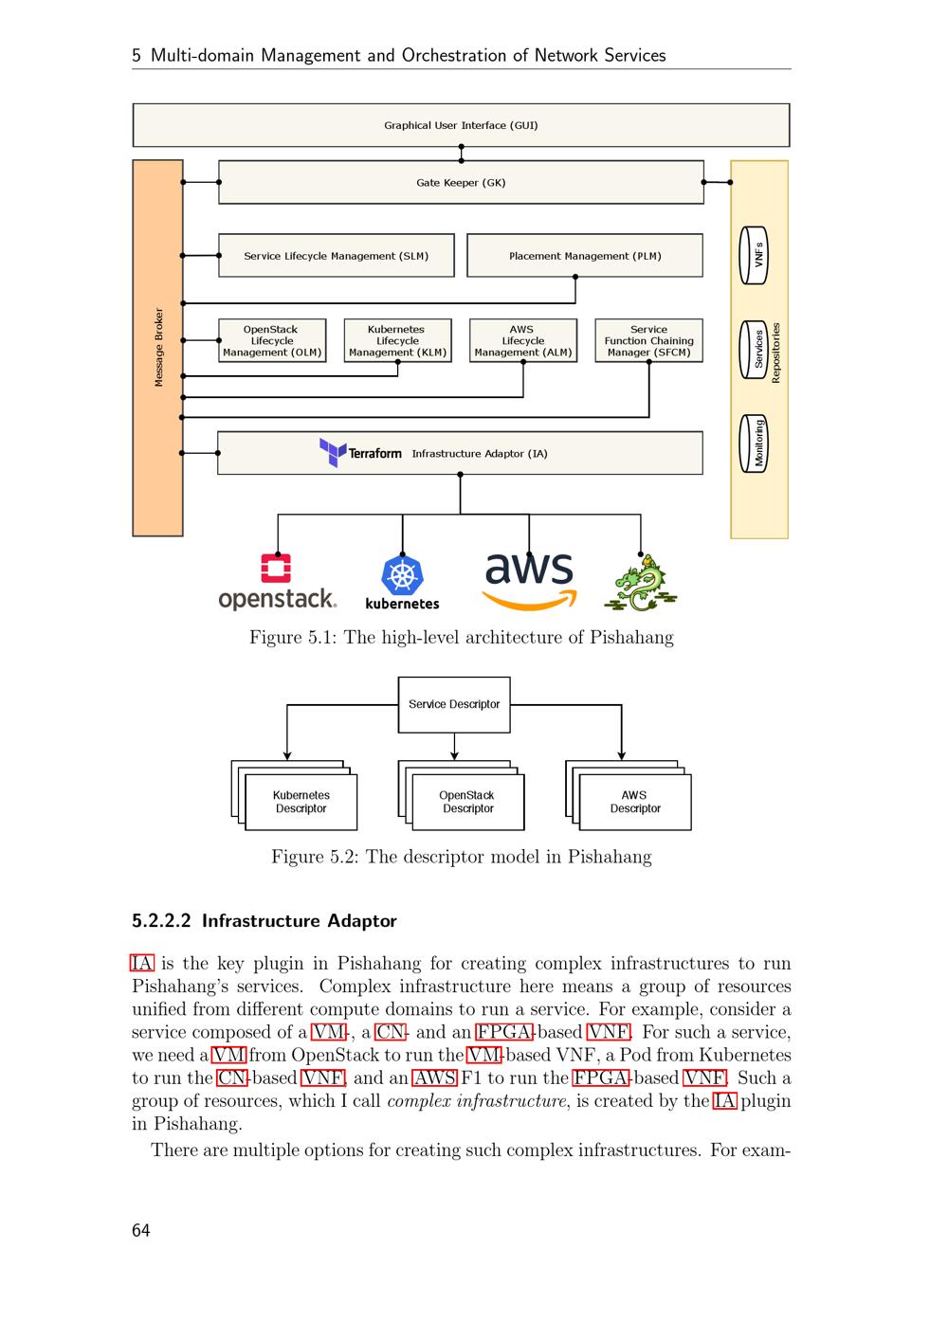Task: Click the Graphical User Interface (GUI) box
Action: click(x=461, y=125)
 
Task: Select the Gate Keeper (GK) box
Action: click(x=461, y=182)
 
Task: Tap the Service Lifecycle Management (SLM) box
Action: click(x=336, y=256)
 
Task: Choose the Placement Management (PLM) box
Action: click(x=585, y=256)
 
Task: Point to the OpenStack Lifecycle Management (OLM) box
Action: click(x=272, y=341)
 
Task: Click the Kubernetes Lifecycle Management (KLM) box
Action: click(x=396, y=341)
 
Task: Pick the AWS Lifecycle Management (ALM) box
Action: click(x=522, y=341)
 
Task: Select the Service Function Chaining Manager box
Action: click(x=648, y=341)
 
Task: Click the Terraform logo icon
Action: click(x=333, y=452)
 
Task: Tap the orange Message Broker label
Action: click(x=158, y=347)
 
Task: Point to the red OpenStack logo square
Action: click(x=276, y=568)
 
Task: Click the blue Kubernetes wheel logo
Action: click(x=402, y=576)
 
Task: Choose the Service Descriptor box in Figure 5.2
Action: click(x=454, y=704)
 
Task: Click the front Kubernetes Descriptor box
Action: click(x=301, y=803)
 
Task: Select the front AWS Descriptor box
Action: click(x=635, y=803)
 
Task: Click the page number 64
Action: click(x=141, y=1230)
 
